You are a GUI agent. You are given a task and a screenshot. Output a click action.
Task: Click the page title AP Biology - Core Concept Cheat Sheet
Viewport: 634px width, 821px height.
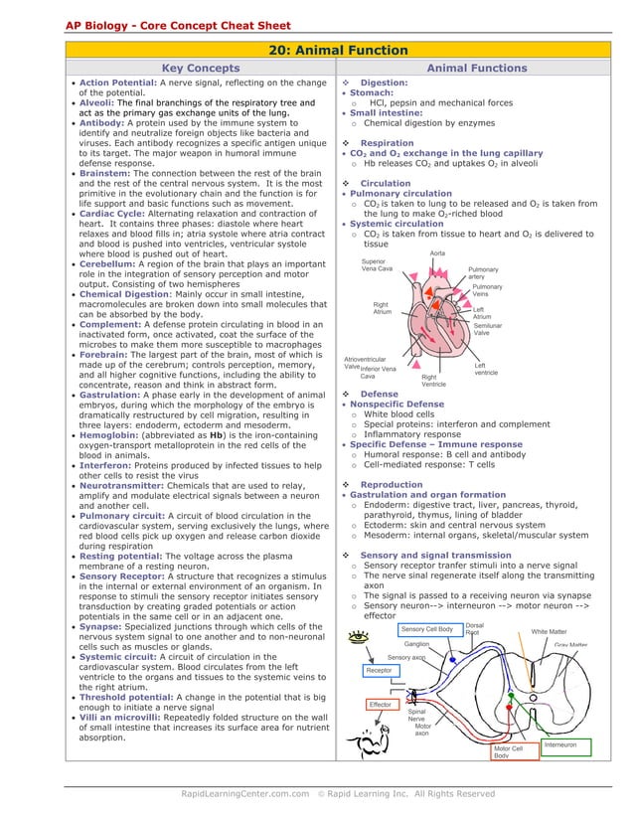pyautogui.click(x=164, y=24)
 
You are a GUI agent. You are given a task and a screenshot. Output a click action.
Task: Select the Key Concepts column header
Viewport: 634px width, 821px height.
pyautogui.click(x=201, y=69)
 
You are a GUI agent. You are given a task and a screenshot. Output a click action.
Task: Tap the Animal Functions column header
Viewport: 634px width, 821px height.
pyautogui.click(x=476, y=69)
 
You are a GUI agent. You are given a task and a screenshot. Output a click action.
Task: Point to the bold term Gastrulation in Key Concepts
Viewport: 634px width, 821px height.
pyautogui.click(x=112, y=396)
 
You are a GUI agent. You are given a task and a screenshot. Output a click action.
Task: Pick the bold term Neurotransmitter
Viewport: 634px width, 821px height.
pyautogui.click(x=126, y=484)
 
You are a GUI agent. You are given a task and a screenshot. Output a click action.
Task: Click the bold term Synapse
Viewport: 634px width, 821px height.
pyautogui.click(x=103, y=626)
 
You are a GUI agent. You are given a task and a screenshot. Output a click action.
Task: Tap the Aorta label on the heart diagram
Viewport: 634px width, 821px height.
pyautogui.click(x=437, y=253)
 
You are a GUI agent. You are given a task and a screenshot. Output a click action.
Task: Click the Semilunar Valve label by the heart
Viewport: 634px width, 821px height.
pyautogui.click(x=488, y=329)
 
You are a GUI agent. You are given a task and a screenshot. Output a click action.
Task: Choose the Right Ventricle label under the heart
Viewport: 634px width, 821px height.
pyautogui.click(x=433, y=381)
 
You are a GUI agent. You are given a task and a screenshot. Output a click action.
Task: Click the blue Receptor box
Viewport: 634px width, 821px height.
pyautogui.click(x=379, y=671)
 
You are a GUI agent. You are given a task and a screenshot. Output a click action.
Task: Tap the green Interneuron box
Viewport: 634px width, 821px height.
pyautogui.click(x=566, y=744)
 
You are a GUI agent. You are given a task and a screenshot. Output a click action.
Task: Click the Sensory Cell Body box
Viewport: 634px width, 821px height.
pyautogui.click(x=426, y=629)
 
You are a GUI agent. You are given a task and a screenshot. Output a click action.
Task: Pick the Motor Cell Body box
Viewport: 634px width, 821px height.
pyautogui.click(x=514, y=751)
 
